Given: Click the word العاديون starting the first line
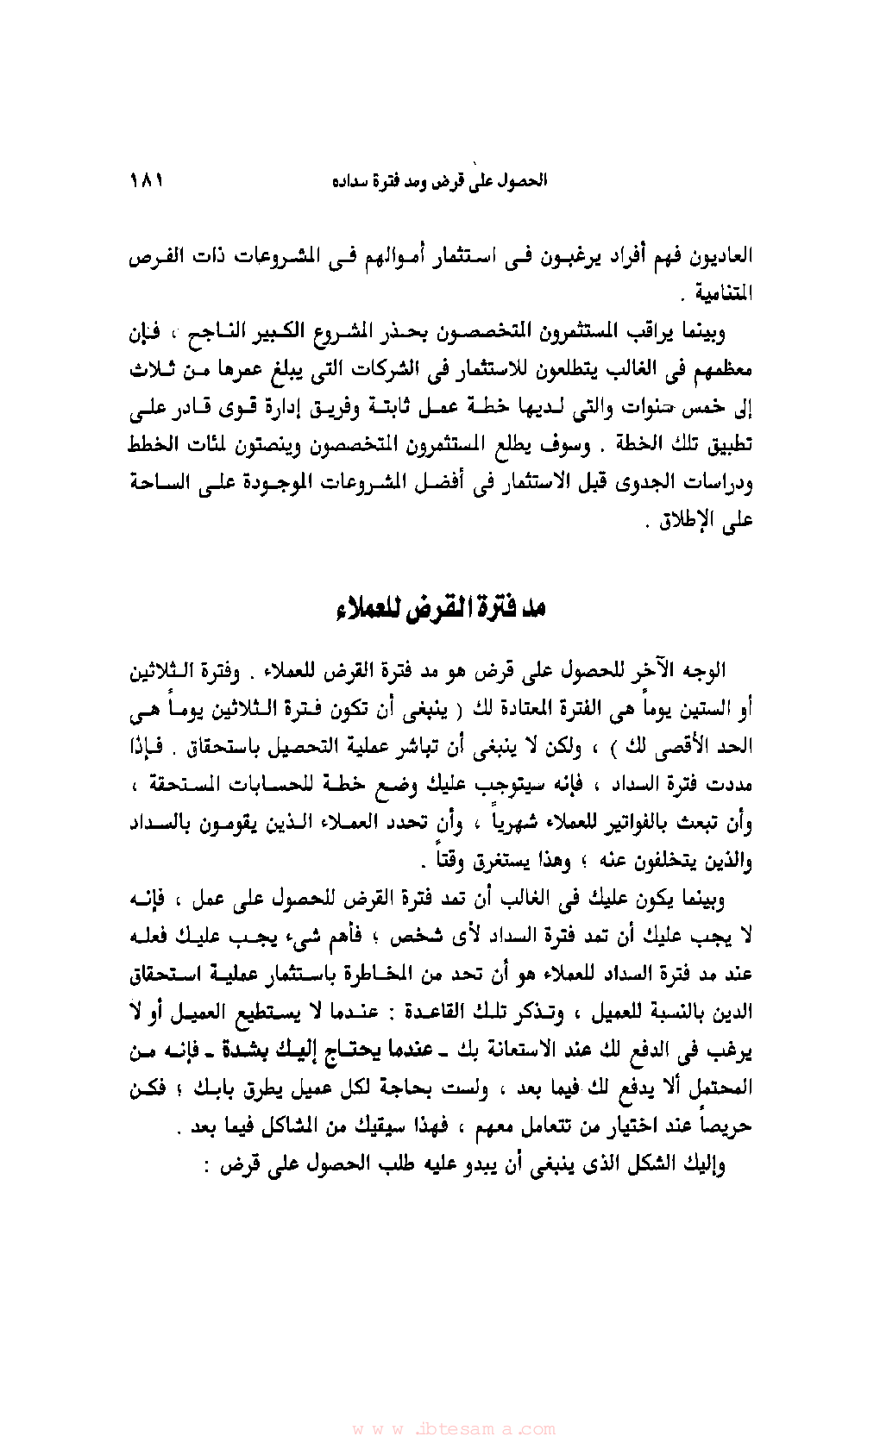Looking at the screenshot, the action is [x=721, y=257].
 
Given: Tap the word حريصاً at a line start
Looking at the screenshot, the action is [x=724, y=1126].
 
